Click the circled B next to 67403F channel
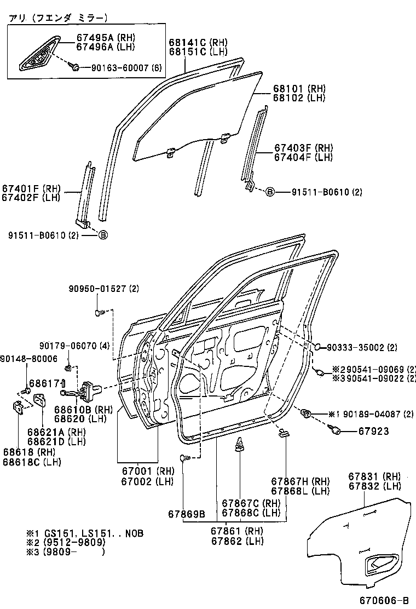(269, 192)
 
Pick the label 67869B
(186, 514)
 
